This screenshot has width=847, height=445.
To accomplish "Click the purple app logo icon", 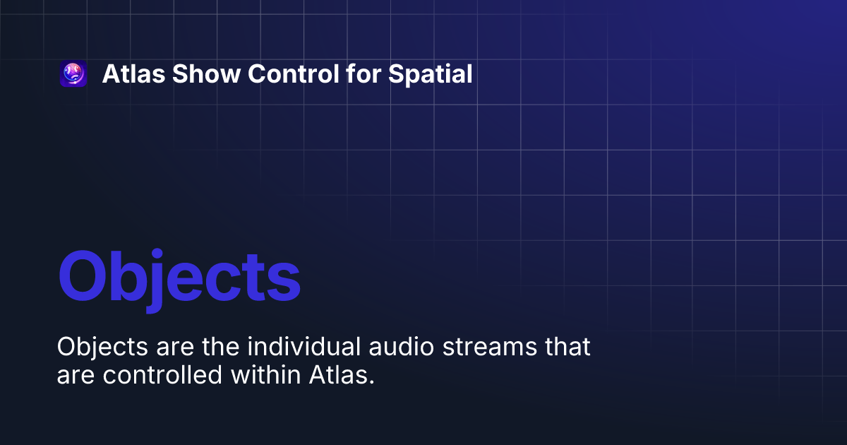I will pos(73,74).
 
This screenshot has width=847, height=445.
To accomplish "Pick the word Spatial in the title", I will pos(431,74).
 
